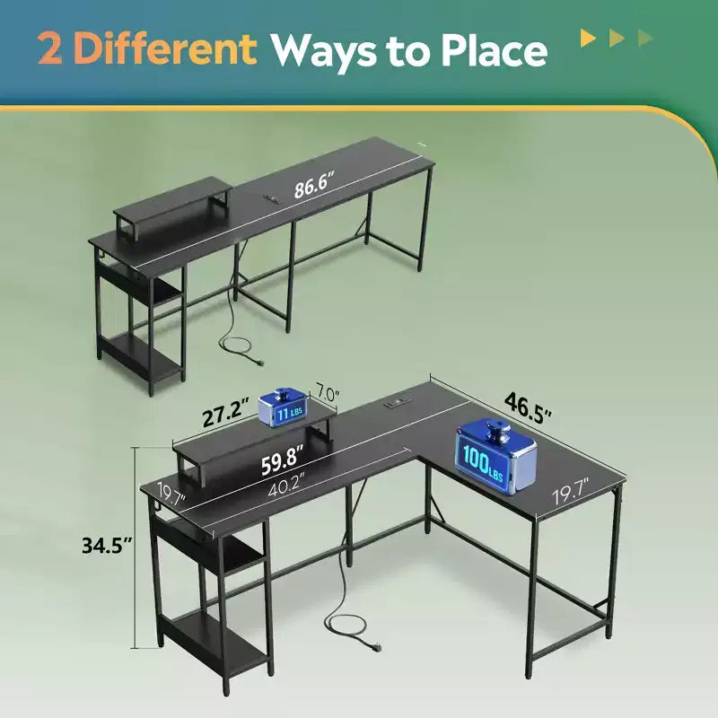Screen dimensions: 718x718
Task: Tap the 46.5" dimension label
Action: point(528,407)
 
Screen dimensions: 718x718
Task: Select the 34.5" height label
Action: point(107,545)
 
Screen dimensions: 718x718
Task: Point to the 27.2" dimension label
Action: point(226,413)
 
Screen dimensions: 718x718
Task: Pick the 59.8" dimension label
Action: point(283,460)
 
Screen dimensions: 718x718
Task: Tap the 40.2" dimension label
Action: point(287,486)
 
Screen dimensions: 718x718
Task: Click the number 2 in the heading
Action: point(50,48)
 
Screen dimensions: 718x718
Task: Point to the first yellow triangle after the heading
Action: point(588,38)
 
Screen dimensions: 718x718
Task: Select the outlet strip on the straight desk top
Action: point(273,197)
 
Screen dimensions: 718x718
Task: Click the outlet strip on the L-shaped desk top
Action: point(397,404)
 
